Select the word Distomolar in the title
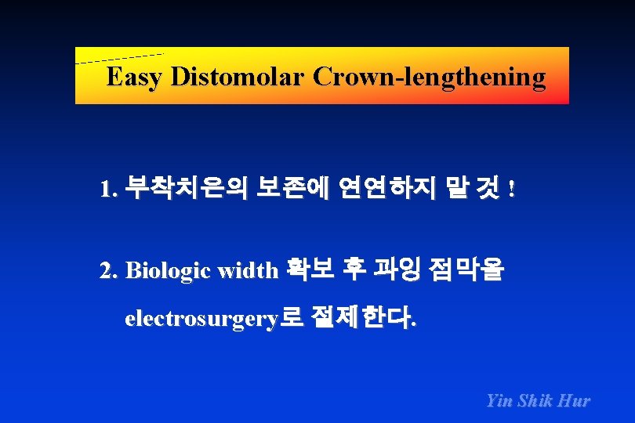coord(238,78)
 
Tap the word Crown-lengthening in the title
coord(429,78)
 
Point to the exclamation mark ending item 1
coord(512,190)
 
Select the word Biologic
coord(168,271)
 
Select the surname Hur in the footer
coord(575,400)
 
